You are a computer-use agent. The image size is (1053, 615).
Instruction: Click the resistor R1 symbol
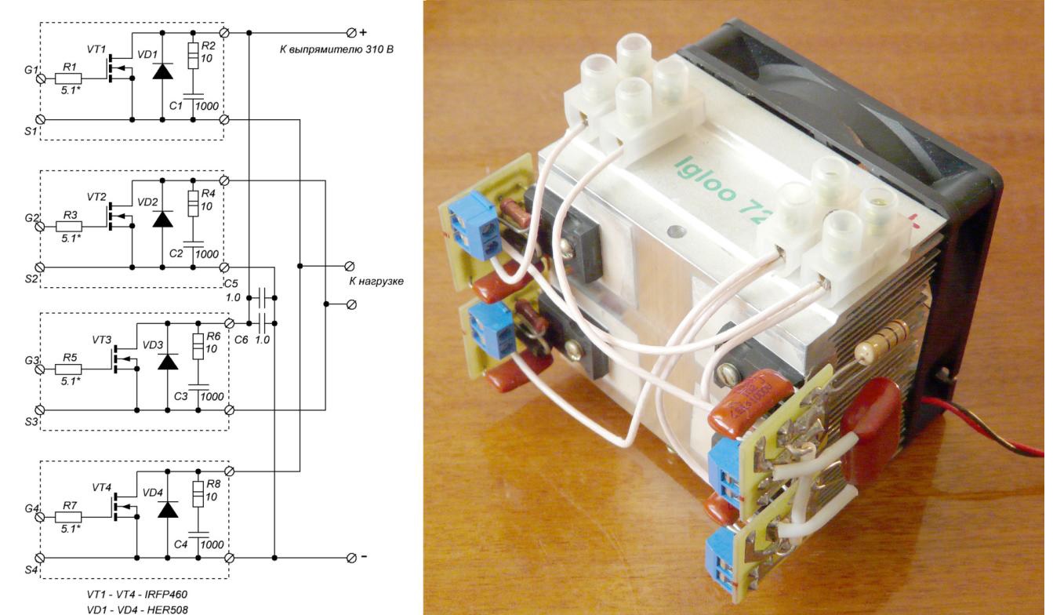[x=69, y=79]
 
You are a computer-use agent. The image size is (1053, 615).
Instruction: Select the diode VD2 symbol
[x=162, y=219]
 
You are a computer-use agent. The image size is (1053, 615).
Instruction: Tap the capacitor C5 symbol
[x=262, y=298]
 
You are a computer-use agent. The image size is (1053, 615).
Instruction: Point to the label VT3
[x=102, y=340]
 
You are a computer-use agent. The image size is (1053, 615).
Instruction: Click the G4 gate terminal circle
[x=41, y=517]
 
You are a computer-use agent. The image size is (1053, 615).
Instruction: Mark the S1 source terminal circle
[x=41, y=119]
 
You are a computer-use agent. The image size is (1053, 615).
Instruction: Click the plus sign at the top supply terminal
[x=363, y=32]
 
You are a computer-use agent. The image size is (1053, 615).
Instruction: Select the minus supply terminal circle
[x=350, y=558]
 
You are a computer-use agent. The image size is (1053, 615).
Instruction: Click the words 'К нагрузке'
[x=376, y=282]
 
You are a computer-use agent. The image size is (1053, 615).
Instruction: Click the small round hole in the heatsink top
[x=676, y=231]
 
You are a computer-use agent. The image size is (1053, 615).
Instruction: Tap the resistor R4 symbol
[x=193, y=204]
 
